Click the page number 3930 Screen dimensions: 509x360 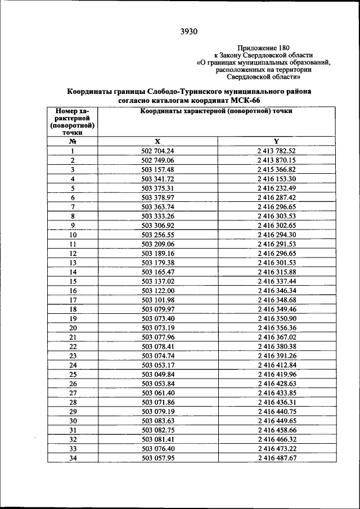click(x=188, y=31)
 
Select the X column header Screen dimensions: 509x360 click(x=157, y=141)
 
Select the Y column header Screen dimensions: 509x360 click(x=277, y=141)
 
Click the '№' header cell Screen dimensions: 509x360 click(x=73, y=141)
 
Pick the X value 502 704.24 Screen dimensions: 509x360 click(x=158, y=151)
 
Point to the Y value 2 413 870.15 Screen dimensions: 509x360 click(x=277, y=160)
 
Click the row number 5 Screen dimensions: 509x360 click(x=73, y=188)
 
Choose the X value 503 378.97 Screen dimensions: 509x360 click(x=158, y=197)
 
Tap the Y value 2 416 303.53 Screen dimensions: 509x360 click(x=277, y=216)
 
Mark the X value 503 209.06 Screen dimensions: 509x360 click(x=158, y=244)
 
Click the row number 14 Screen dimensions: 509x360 click(x=73, y=272)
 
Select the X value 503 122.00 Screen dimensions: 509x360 click(x=158, y=290)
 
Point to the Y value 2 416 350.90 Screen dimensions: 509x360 click(x=277, y=318)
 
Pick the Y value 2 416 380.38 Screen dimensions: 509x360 click(x=277, y=346)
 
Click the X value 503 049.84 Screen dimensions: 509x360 click(x=158, y=375)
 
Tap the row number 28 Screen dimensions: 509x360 click(x=73, y=403)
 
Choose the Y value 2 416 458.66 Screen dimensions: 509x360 click(x=277, y=430)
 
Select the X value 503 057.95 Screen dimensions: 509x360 click(x=158, y=458)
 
